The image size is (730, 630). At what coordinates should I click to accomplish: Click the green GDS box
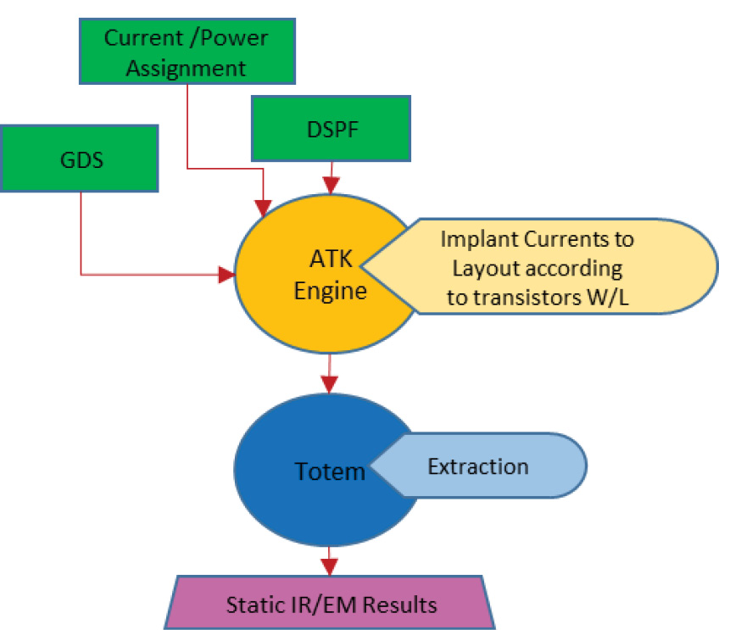[x=79, y=159]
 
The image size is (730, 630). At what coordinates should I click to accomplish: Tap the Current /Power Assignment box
[x=187, y=52]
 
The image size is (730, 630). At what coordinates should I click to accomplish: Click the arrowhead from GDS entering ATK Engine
[x=226, y=274]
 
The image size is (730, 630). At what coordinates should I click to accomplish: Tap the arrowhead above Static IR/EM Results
[x=329, y=566]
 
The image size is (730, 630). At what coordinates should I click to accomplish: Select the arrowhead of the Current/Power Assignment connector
[x=265, y=206]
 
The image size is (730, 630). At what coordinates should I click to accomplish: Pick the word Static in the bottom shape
[x=252, y=605]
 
